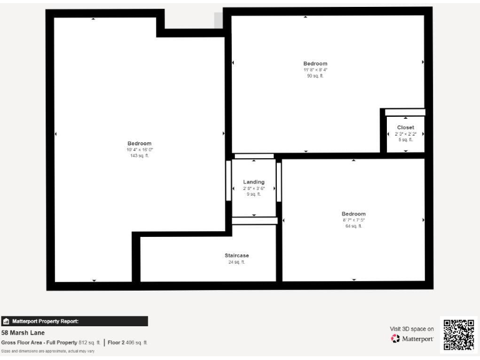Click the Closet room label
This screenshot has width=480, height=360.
tap(405, 127)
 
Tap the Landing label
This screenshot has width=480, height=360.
tap(254, 182)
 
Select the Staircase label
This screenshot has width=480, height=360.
tap(237, 256)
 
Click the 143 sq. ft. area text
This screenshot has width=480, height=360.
tap(139, 156)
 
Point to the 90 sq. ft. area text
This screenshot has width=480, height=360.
tap(315, 76)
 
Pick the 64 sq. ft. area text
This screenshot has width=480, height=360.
tap(354, 226)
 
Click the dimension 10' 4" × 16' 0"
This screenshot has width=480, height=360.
tap(139, 150)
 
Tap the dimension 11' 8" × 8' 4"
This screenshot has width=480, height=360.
tap(315, 69)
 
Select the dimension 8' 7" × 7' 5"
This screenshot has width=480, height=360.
tap(354, 220)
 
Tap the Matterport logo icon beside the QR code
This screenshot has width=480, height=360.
tap(395, 339)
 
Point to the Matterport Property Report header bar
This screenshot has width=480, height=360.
tap(74, 321)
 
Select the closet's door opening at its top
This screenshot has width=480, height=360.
tap(405, 112)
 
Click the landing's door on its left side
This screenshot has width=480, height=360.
tap(229, 181)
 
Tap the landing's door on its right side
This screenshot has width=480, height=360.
tap(279, 182)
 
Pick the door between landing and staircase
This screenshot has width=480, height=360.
tap(254, 221)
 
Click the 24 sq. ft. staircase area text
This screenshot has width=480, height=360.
tap(237, 262)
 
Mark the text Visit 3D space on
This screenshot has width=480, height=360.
tap(412, 328)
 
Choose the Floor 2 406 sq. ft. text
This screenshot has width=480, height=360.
tap(127, 342)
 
